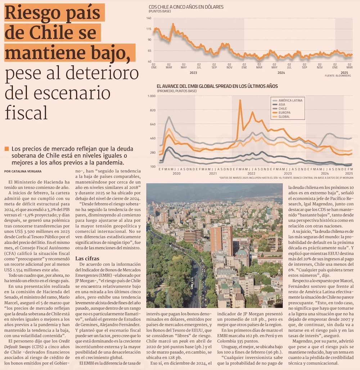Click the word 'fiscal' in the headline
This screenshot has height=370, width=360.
(x=26, y=112)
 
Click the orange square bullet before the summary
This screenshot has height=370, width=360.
(x=6, y=149)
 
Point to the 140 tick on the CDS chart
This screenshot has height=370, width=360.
(x=149, y=18)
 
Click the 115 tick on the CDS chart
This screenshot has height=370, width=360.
(x=149, y=29)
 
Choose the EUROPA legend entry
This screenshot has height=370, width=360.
(x=284, y=113)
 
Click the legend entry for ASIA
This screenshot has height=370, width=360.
(x=282, y=104)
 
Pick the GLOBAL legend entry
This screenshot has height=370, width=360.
(x=284, y=117)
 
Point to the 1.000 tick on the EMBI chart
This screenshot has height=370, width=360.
(x=152, y=96)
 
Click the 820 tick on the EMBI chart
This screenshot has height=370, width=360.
(x=152, y=110)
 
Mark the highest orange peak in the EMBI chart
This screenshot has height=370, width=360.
(x=240, y=100)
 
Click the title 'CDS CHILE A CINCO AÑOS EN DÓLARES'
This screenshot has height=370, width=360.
(x=186, y=7)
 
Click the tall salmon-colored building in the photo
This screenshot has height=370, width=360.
(x=221, y=239)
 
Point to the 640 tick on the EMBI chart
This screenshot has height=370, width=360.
(x=152, y=124)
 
